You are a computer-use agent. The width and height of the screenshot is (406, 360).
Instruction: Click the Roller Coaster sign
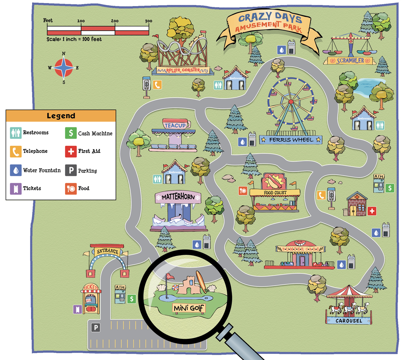click(x=183, y=71)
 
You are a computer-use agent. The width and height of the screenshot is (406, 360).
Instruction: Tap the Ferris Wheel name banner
click(x=291, y=140)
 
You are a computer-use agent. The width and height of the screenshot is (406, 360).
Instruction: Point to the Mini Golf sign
click(x=189, y=308)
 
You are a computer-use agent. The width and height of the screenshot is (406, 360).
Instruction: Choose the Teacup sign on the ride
click(x=177, y=125)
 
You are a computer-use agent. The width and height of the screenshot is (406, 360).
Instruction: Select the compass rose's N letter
click(x=64, y=54)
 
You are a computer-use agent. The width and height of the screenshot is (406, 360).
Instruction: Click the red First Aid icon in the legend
click(x=70, y=151)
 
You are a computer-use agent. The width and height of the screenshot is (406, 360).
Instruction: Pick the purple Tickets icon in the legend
click(x=15, y=188)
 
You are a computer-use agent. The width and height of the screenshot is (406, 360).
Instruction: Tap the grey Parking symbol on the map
click(x=95, y=328)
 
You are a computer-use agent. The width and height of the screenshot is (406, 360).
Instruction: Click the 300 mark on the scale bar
click(x=149, y=21)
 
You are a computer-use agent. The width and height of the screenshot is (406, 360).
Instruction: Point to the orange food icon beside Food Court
click(x=242, y=191)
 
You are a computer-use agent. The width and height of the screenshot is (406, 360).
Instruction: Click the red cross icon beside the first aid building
click(x=372, y=211)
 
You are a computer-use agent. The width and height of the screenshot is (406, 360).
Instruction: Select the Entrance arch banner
click(x=107, y=252)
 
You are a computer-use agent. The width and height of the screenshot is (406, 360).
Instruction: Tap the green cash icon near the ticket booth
click(x=132, y=299)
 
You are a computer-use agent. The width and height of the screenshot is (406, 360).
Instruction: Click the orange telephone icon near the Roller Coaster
click(x=157, y=85)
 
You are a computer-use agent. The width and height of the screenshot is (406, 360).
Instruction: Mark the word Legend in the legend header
click(x=61, y=116)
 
